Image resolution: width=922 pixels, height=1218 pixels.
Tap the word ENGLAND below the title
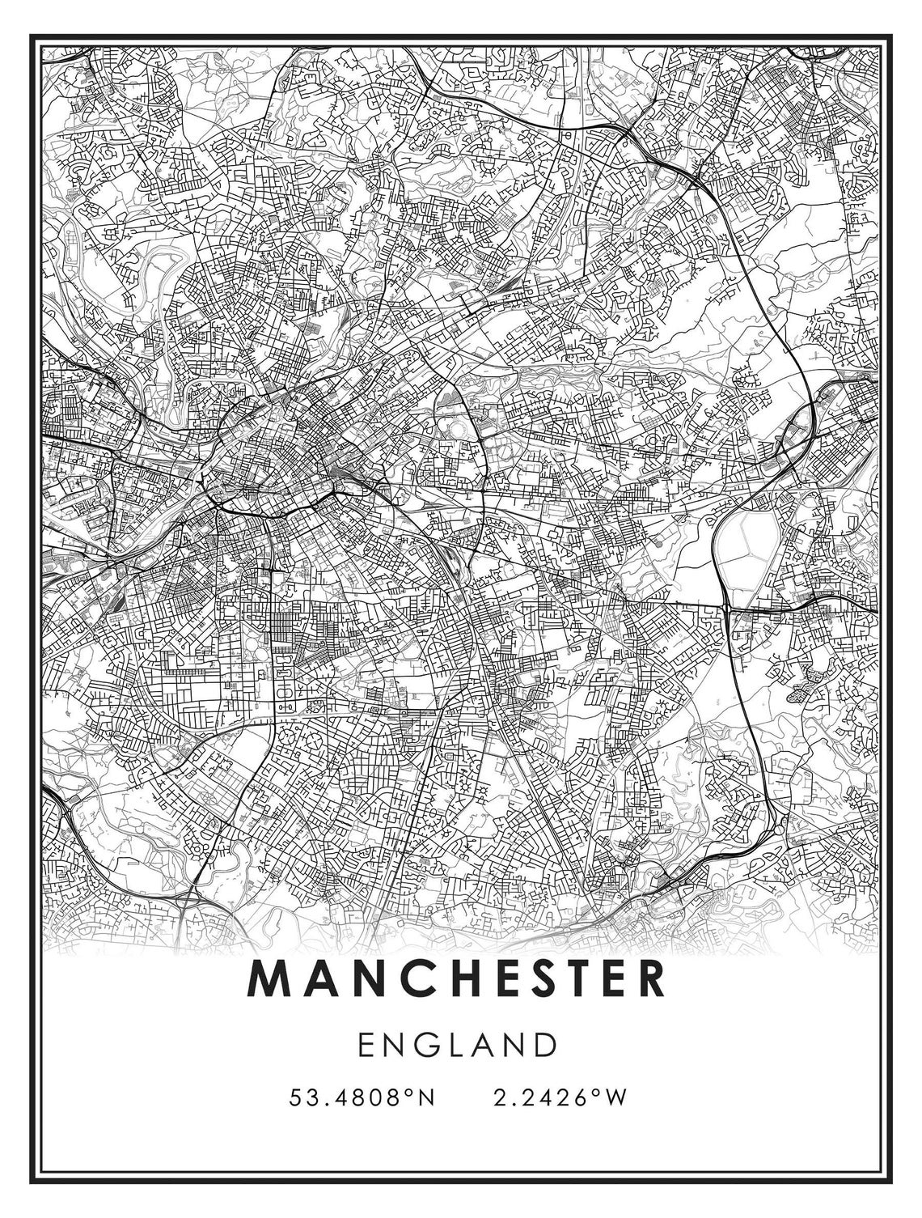(459, 1044)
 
